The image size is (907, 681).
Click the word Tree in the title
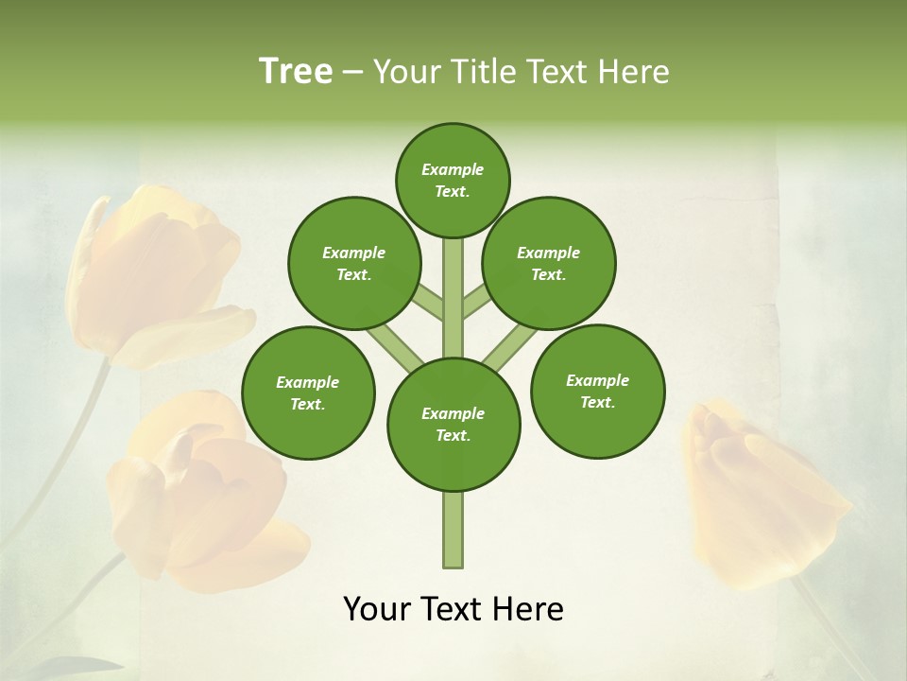(x=296, y=72)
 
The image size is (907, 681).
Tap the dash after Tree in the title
(x=353, y=73)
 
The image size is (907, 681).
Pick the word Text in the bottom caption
(x=453, y=609)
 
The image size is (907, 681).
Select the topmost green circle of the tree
(x=453, y=180)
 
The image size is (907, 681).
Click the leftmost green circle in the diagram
(x=308, y=393)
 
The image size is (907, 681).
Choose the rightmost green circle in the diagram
(x=597, y=391)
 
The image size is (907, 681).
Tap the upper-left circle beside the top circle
(x=354, y=263)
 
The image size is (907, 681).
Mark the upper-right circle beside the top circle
(x=549, y=263)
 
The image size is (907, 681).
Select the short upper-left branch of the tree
(x=428, y=303)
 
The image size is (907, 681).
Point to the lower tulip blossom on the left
(x=203, y=497)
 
